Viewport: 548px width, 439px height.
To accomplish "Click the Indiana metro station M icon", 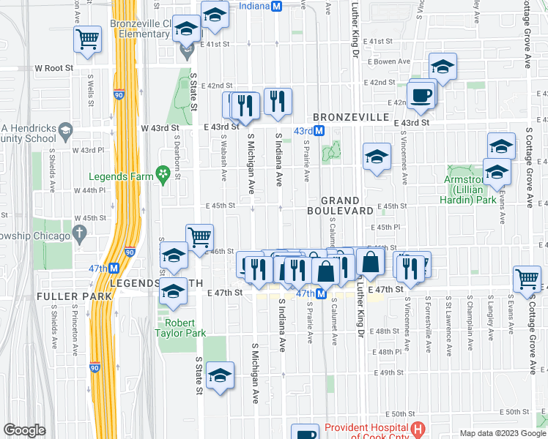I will click(x=276, y=6).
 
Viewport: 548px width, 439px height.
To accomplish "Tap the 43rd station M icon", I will click(x=320, y=130).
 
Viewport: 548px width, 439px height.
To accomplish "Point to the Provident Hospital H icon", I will click(x=418, y=429).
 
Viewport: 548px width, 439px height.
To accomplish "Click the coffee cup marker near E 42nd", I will click(x=421, y=95).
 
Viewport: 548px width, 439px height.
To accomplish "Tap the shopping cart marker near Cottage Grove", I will click(x=527, y=279).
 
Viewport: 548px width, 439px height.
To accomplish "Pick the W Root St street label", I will click(x=54, y=68).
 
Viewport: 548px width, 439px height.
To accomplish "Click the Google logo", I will click(x=24, y=430).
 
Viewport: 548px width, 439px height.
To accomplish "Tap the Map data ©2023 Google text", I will click(x=502, y=433).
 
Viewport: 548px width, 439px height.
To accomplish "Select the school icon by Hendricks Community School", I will click(x=65, y=131).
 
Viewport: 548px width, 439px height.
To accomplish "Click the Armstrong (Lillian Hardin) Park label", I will click(x=468, y=190).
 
